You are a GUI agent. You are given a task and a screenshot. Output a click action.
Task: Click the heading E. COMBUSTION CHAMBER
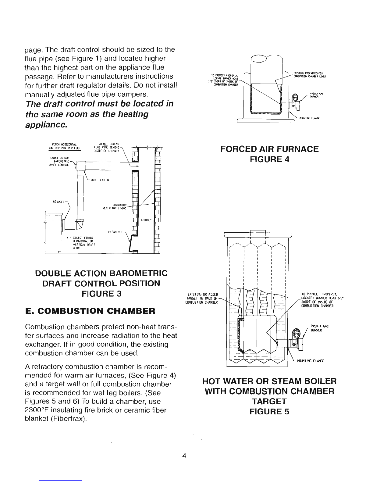[90, 311]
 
